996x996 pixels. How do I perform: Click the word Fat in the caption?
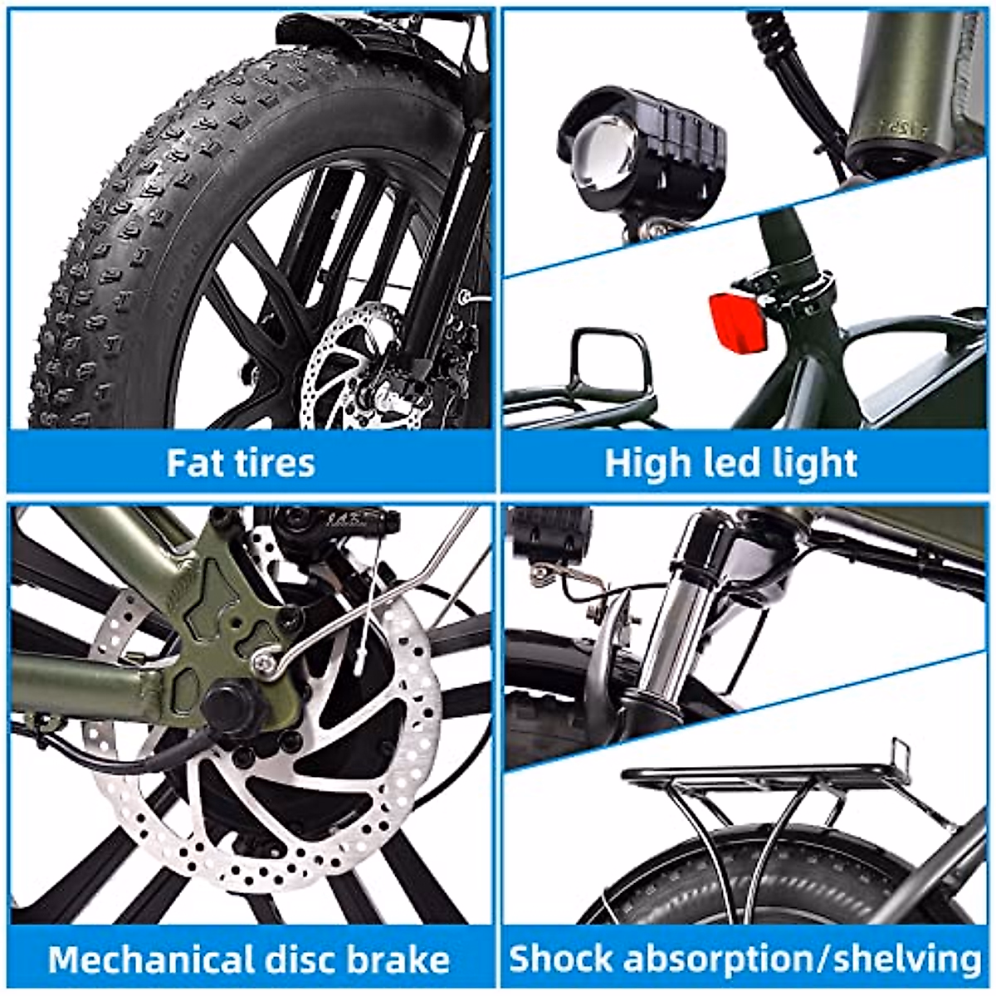[x=193, y=462]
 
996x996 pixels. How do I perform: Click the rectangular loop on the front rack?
[x=609, y=362]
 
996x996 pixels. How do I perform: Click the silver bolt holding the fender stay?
[x=264, y=660]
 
